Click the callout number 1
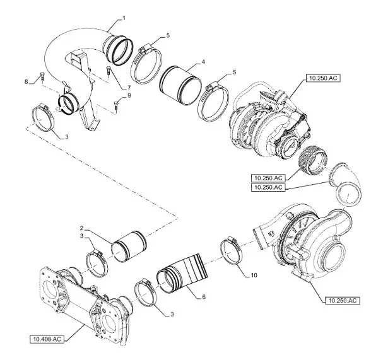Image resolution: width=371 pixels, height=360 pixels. point(124,18)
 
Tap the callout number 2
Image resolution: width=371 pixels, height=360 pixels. point(81,228)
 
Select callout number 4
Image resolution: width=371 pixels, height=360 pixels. point(203,62)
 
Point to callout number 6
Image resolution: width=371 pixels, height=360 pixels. point(204,297)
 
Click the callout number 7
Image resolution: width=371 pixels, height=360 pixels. point(129,88)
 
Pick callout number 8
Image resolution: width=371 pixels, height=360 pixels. point(26,82)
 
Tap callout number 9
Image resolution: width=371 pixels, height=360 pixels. point(129,95)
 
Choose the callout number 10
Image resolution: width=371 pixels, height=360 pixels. point(254,275)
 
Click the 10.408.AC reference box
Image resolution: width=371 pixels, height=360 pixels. point(47,339)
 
